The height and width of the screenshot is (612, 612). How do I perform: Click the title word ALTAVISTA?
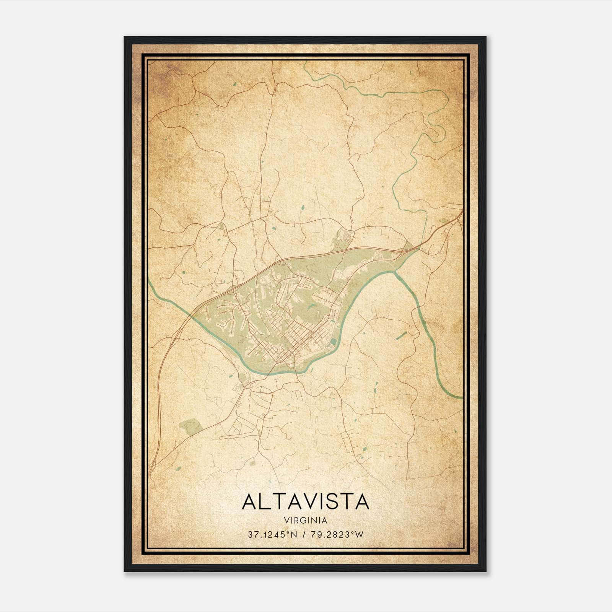[x=306, y=501]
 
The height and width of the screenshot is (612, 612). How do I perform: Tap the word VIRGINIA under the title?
[x=306, y=521]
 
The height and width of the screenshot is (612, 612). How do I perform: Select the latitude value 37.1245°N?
[x=267, y=535]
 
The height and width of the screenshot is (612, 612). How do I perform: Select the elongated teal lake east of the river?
[x=401, y=335]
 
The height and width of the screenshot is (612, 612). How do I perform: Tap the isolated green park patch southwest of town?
[x=191, y=426]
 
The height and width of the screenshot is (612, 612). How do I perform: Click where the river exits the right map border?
[x=462, y=398]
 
